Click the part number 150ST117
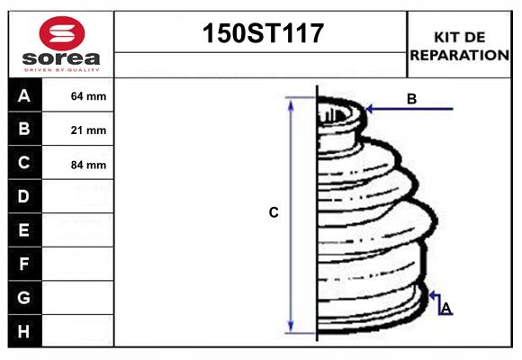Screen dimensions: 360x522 click(260, 34)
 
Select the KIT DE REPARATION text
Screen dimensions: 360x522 click(459, 45)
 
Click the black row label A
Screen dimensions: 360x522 click(24, 95)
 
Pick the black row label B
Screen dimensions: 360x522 click(24, 129)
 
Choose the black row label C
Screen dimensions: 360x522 click(24, 163)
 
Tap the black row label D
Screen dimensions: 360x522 click(24, 196)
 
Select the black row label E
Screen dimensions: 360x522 click(24, 230)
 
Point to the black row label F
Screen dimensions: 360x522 click(24, 264)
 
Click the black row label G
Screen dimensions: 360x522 click(24, 297)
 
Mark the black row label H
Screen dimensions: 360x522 click(24, 331)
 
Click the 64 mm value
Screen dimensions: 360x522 click(88, 96)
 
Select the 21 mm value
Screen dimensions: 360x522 click(88, 130)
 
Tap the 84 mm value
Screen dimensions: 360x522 click(88, 165)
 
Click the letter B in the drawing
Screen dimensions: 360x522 click(411, 99)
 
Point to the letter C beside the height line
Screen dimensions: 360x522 click(274, 213)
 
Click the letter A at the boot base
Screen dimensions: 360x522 click(445, 309)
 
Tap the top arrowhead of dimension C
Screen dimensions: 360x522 click(291, 102)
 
